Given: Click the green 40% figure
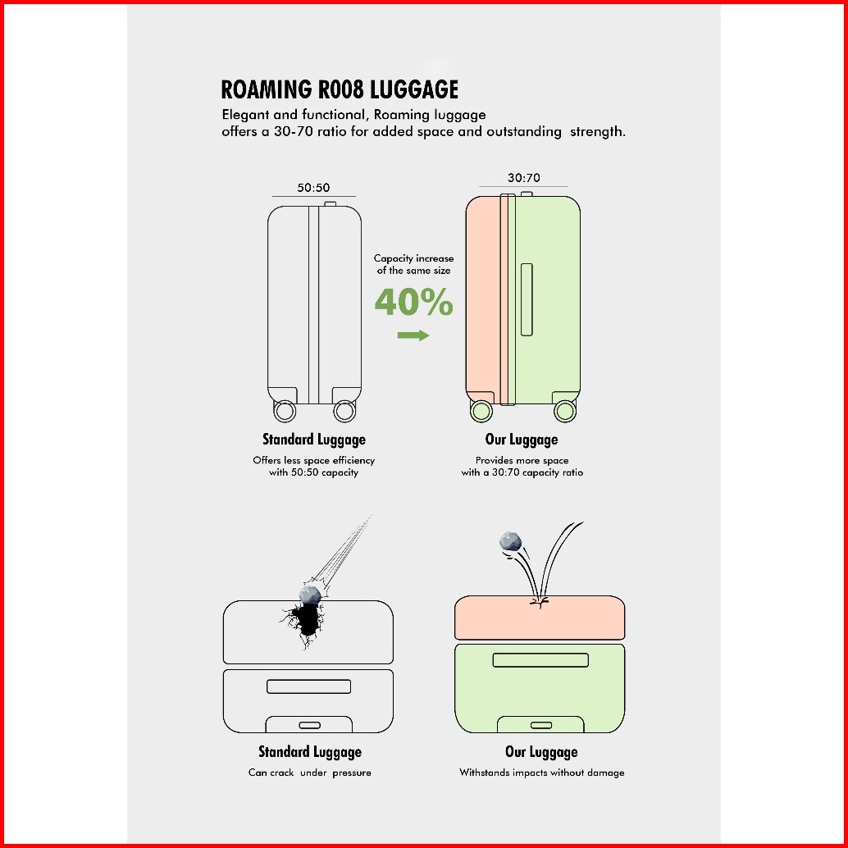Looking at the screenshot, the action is pos(413,302).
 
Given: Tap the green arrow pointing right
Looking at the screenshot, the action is pos(413,335).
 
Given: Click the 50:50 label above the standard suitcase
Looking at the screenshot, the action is pos(313,188).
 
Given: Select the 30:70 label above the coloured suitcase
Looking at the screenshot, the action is pos(523,178).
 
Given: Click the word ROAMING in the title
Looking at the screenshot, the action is pos(266,89).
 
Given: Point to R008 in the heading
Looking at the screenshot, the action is pos(340,89).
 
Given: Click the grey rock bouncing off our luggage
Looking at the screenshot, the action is pos(510,541).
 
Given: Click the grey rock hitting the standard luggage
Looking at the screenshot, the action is pos(311,595).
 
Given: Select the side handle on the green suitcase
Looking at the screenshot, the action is pos(527,299).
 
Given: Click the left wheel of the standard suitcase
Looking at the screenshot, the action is pos(285,411).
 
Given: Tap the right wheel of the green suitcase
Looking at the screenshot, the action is pos(564,411).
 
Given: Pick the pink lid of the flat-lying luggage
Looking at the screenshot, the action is pos(539,618).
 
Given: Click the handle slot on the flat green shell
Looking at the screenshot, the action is pos(540,660).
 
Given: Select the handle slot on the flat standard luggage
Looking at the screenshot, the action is pos(309,686).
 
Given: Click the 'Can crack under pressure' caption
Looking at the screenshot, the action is pos(310,773).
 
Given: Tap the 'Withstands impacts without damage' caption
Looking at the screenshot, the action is pos(542,773).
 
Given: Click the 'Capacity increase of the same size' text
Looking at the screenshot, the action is pos(413,264).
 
